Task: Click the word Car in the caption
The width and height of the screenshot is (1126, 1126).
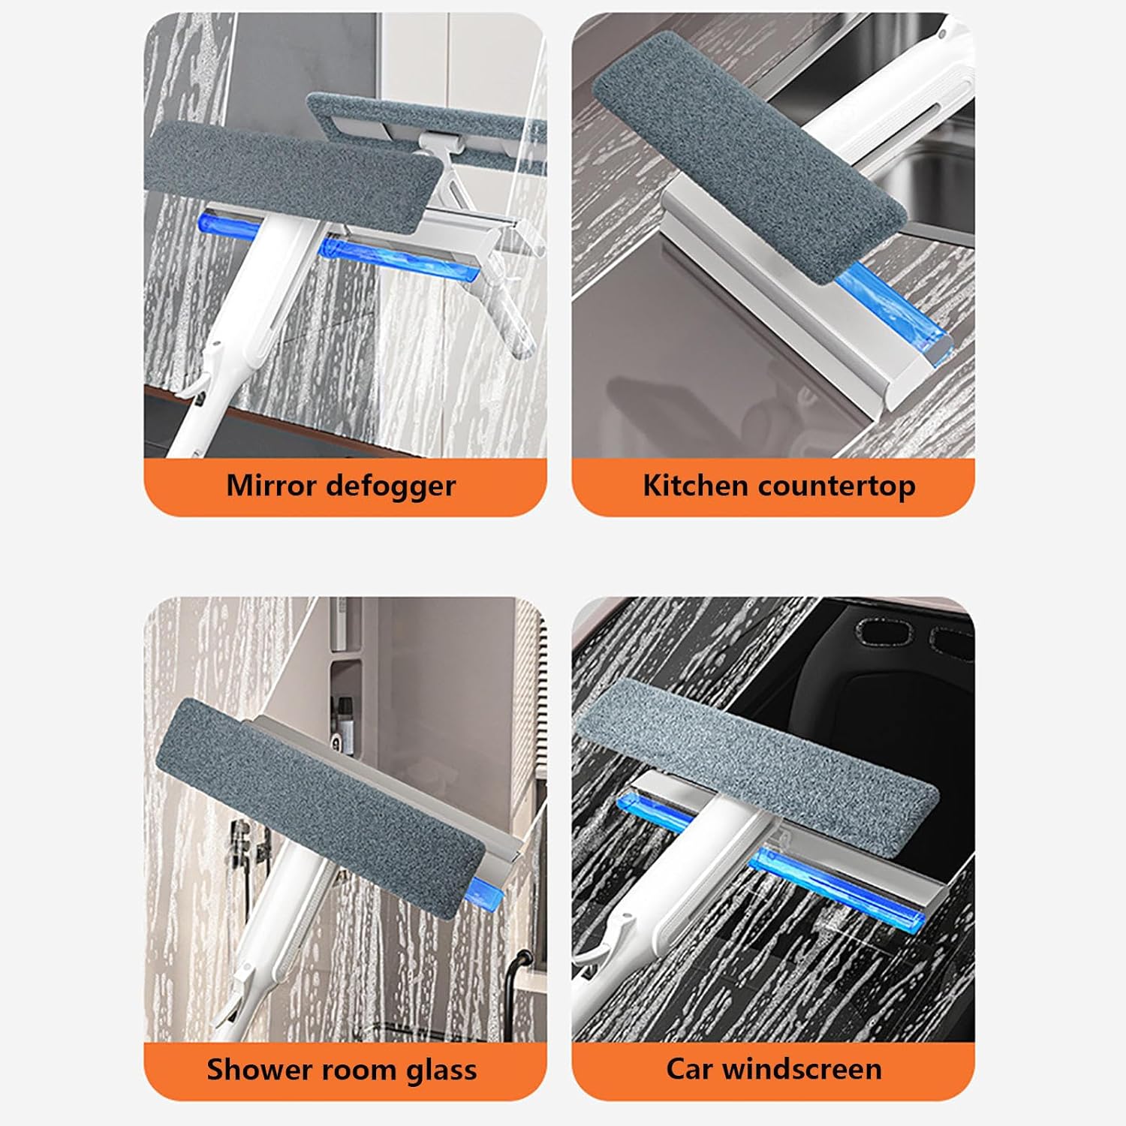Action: (x=690, y=1068)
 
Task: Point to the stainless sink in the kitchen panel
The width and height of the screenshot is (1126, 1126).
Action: (x=931, y=173)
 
